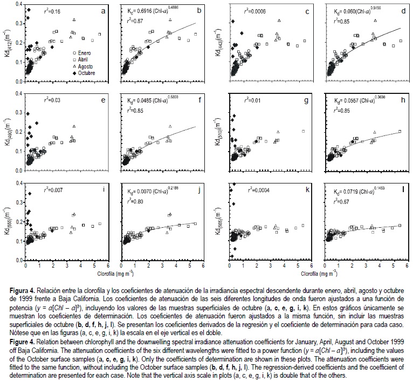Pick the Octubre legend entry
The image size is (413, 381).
coord(84,71)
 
